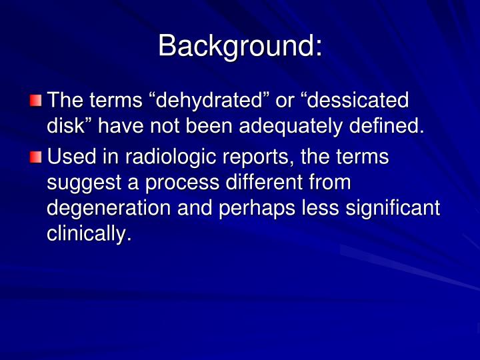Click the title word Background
pyautogui.click(x=239, y=46)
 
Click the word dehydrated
pyautogui.click(x=203, y=101)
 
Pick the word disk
pyautogui.click(x=64, y=125)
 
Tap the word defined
pyautogui.click(x=385, y=125)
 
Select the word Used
pyautogui.click(x=71, y=158)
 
